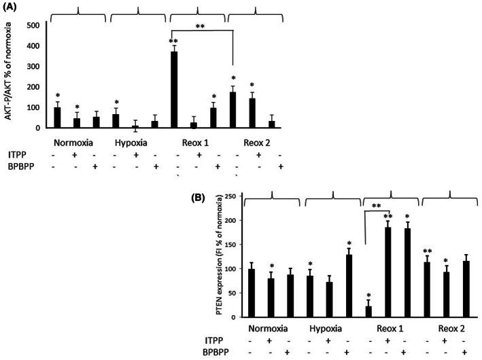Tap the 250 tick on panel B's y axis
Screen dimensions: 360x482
click(x=239, y=197)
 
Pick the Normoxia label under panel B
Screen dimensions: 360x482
click(x=270, y=331)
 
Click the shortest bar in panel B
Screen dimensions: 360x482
click(x=368, y=312)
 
